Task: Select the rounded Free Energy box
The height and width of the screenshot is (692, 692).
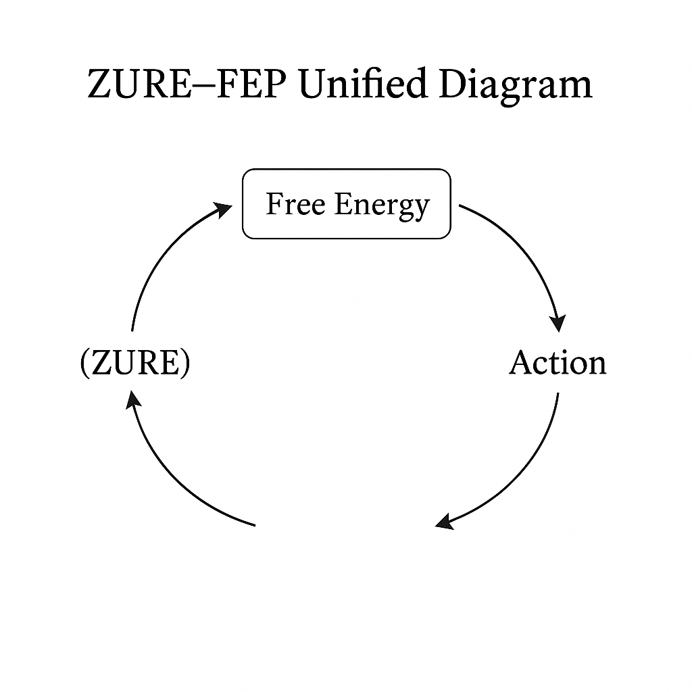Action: (346, 203)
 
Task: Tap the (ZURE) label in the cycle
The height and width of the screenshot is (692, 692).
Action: (135, 364)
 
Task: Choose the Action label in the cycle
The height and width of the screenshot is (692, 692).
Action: (558, 363)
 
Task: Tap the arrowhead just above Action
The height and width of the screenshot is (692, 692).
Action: (558, 322)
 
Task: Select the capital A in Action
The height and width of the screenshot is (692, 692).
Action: (521, 363)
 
